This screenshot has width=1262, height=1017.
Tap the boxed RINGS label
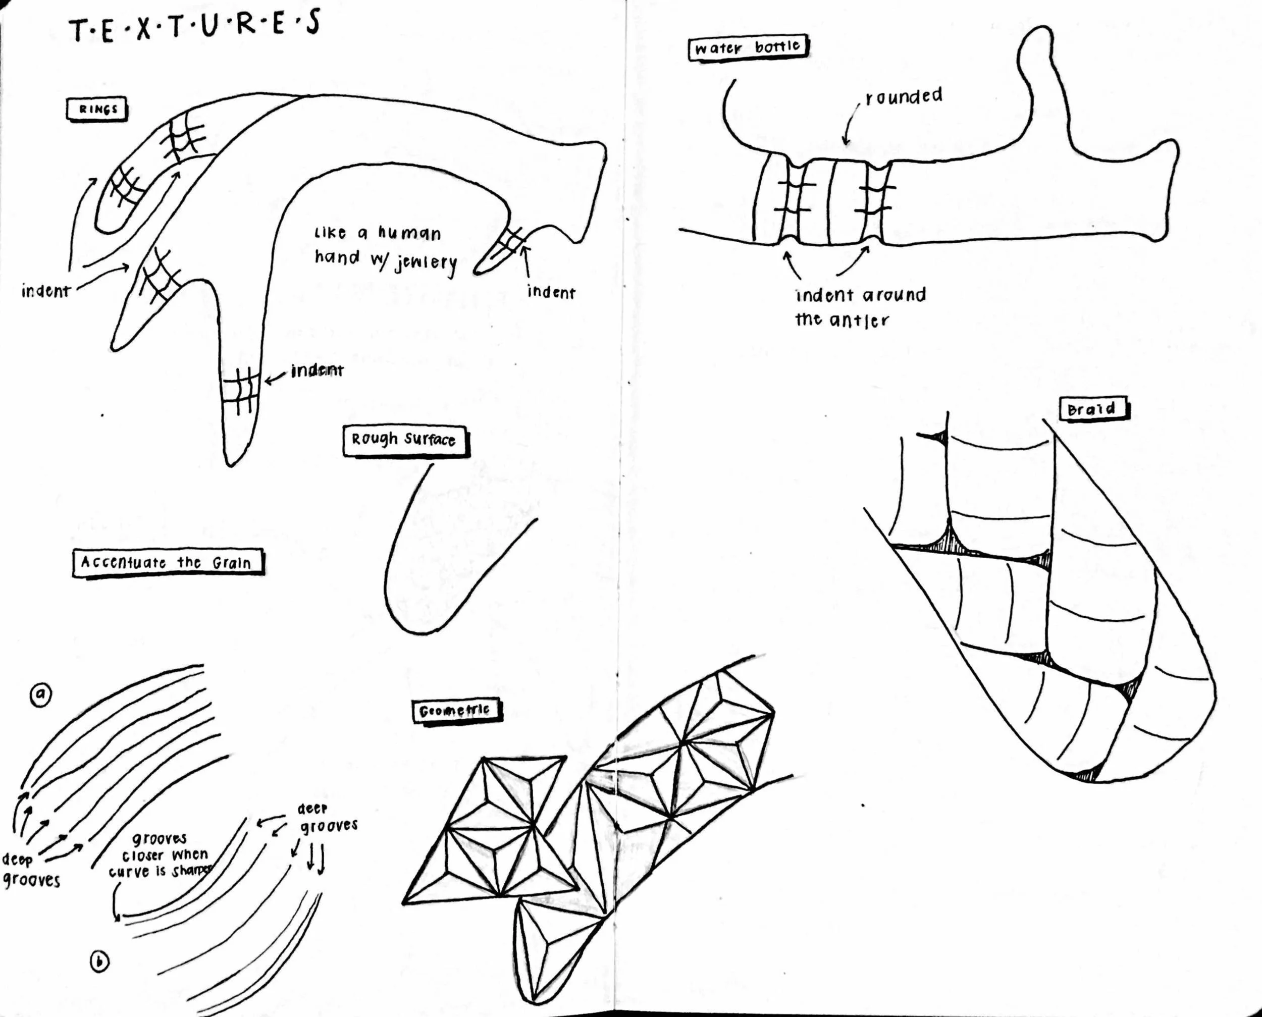tap(97, 110)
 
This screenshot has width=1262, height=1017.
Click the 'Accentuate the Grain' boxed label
tap(167, 562)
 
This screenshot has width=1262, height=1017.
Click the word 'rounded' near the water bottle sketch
tap(904, 96)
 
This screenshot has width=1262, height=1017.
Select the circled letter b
tap(99, 962)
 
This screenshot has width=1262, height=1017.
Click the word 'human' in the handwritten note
tap(408, 233)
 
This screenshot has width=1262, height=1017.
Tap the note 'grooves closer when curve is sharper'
tap(160, 854)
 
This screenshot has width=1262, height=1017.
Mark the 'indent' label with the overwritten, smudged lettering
tap(317, 370)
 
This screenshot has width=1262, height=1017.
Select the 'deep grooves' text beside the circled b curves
tap(327, 817)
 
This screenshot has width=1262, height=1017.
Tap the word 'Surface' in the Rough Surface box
tap(430, 440)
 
